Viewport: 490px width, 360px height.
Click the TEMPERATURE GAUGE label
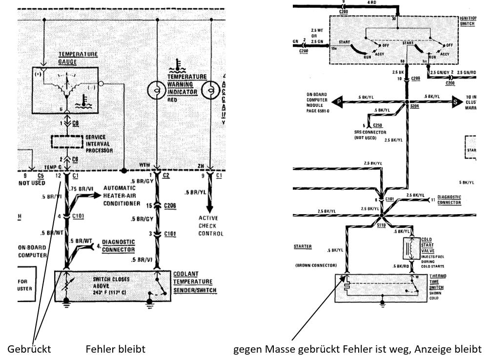pyautogui.click(x=78, y=58)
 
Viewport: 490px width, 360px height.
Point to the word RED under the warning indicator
pyautogui.click(x=172, y=99)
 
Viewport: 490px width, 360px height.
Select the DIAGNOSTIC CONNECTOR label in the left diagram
pyautogui.click(x=119, y=245)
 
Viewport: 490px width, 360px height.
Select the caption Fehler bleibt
pyautogui.click(x=115, y=349)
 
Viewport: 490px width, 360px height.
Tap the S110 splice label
pyautogui.click(x=381, y=226)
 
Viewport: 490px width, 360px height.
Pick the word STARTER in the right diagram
pyautogui.click(x=303, y=247)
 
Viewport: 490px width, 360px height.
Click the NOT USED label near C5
pyautogui.click(x=32, y=183)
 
